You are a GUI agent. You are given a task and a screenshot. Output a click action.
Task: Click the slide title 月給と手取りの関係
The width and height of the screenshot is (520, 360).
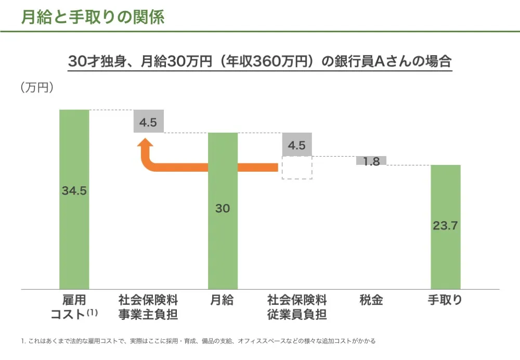click(93, 17)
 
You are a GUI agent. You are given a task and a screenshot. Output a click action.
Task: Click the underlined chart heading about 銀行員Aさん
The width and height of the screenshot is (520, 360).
click(259, 62)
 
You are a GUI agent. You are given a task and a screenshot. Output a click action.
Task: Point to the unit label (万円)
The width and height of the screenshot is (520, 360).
click(37, 87)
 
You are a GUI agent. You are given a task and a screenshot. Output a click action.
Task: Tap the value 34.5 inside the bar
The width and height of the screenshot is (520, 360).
click(74, 190)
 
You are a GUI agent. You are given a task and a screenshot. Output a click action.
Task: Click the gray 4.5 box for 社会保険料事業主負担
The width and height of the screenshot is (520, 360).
click(149, 121)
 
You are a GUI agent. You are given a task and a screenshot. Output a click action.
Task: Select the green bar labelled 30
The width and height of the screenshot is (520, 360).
click(223, 250)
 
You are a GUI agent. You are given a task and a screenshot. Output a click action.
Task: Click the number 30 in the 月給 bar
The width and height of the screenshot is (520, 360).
click(223, 209)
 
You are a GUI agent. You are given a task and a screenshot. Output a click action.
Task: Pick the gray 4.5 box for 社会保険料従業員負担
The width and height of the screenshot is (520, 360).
click(297, 145)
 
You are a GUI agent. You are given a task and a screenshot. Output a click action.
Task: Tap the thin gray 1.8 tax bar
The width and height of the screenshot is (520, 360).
click(371, 161)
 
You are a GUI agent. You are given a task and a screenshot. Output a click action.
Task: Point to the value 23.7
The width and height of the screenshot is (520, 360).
click(446, 226)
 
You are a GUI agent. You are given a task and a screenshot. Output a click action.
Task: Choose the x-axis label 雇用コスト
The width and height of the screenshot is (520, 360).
click(74, 307)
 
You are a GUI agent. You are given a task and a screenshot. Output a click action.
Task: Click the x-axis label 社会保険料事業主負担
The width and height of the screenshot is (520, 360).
click(148, 307)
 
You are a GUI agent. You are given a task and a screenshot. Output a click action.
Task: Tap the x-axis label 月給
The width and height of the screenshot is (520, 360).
click(222, 300)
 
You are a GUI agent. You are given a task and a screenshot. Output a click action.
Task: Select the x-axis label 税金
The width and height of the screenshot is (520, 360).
click(371, 300)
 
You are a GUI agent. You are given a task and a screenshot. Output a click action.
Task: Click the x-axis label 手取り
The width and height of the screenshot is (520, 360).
click(445, 300)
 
